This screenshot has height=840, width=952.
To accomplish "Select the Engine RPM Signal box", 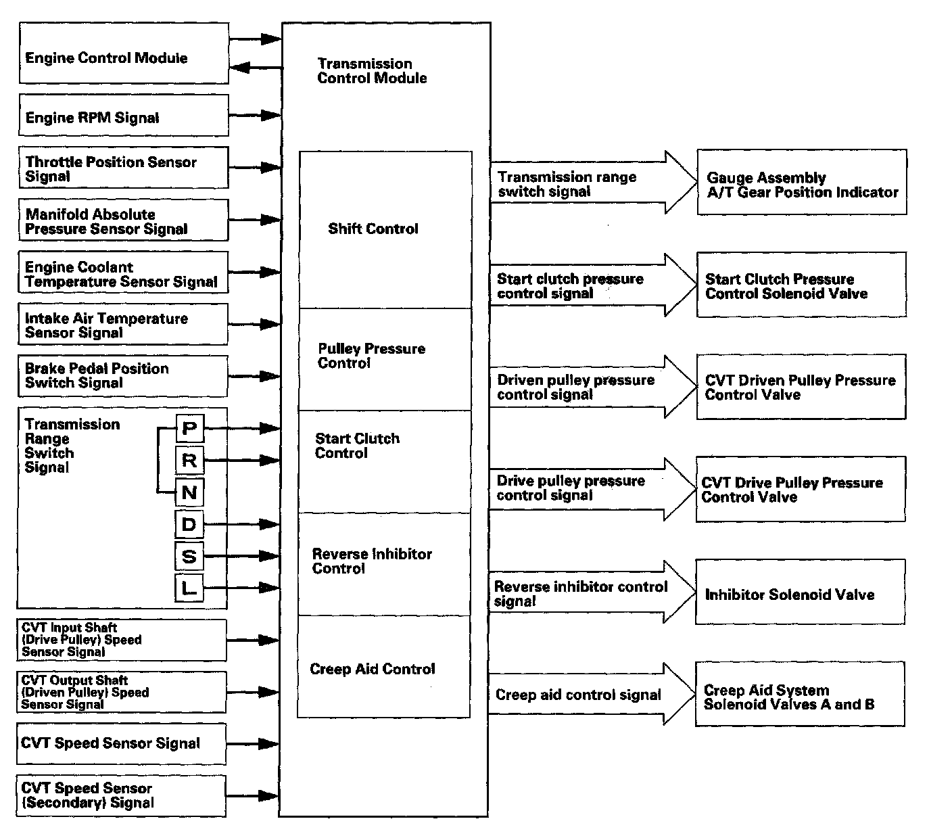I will pyautogui.click(x=123, y=116).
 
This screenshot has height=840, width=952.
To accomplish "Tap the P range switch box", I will pyautogui.click(x=189, y=427).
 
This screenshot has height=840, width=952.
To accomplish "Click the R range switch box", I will pyautogui.click(x=189, y=460).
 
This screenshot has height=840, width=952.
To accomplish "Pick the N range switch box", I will pyautogui.click(x=189, y=492).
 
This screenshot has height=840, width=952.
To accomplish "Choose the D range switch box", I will pyautogui.click(x=189, y=523).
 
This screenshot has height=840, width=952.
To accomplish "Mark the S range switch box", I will pyautogui.click(x=189, y=556).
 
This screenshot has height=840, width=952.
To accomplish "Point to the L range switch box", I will pyautogui.click(x=189, y=588).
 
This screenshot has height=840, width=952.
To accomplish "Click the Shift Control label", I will pyautogui.click(x=373, y=229).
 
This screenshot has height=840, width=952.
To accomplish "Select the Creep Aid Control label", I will pyautogui.click(x=372, y=669).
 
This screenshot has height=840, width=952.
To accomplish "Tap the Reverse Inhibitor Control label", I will pyautogui.click(x=372, y=561).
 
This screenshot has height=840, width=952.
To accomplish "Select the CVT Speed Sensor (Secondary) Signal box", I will pyautogui.click(x=122, y=795).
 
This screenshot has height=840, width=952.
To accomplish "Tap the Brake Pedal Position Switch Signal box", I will pyautogui.click(x=122, y=375).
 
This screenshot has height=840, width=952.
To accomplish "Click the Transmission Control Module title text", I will pyautogui.click(x=372, y=71).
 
